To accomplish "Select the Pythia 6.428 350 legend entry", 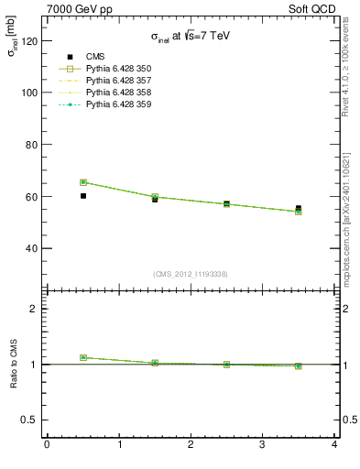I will coord(117,69).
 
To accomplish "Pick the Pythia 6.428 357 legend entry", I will coord(117,81).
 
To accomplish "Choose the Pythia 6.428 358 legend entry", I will coord(117,93).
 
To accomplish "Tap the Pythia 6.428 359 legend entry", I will coord(117,104).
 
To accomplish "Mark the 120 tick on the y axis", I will coord(27,41).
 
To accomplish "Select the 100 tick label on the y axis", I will coord(27,93).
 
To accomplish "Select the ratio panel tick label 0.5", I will coord(27,420).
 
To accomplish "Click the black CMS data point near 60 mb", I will coord(83,196).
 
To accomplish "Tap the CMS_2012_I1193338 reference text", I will coord(191,274).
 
